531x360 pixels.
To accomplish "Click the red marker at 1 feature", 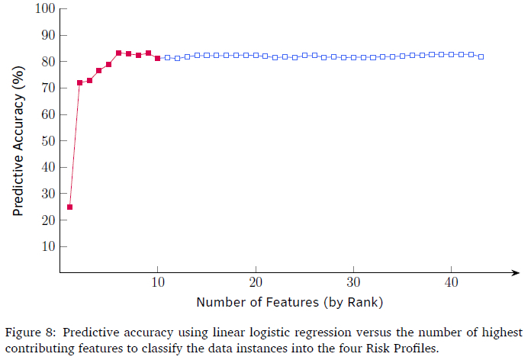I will pyautogui.click(x=69, y=207).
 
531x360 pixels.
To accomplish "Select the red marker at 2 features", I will pyautogui.click(x=79, y=82).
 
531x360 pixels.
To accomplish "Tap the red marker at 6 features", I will pyautogui.click(x=118, y=53).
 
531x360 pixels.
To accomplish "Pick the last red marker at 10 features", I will pyautogui.click(x=157, y=58).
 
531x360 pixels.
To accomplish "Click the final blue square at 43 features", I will pyautogui.click(x=481, y=56).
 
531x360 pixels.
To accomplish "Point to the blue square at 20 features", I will pyautogui.click(x=256, y=55).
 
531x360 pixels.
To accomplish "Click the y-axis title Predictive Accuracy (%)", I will pyautogui.click(x=18, y=140).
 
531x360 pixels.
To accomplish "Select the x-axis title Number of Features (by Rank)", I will pyautogui.click(x=289, y=302).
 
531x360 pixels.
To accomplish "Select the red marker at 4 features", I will pyautogui.click(x=99, y=71).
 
